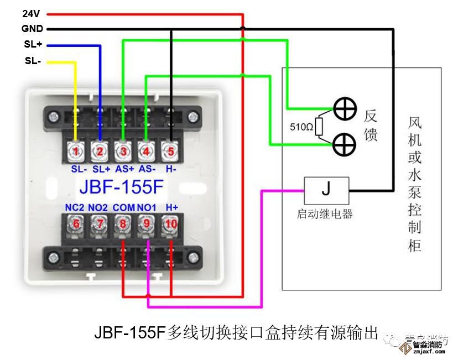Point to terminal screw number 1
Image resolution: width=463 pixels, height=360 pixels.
click(x=77, y=150)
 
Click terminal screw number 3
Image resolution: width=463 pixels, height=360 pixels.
click(x=123, y=150)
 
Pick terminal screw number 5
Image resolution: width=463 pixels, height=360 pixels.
click(x=170, y=150)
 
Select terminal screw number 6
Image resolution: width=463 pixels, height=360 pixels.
click(x=77, y=224)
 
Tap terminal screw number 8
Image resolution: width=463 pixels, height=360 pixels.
click(x=123, y=224)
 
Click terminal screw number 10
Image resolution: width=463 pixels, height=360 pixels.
click(x=170, y=224)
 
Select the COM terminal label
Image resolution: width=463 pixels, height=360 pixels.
click(x=123, y=207)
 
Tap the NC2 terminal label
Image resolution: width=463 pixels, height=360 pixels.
click(x=75, y=207)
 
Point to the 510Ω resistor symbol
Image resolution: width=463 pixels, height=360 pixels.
click(x=320, y=126)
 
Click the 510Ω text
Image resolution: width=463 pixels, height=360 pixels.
click(x=302, y=127)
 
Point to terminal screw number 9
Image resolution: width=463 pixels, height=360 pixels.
click(x=147, y=224)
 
